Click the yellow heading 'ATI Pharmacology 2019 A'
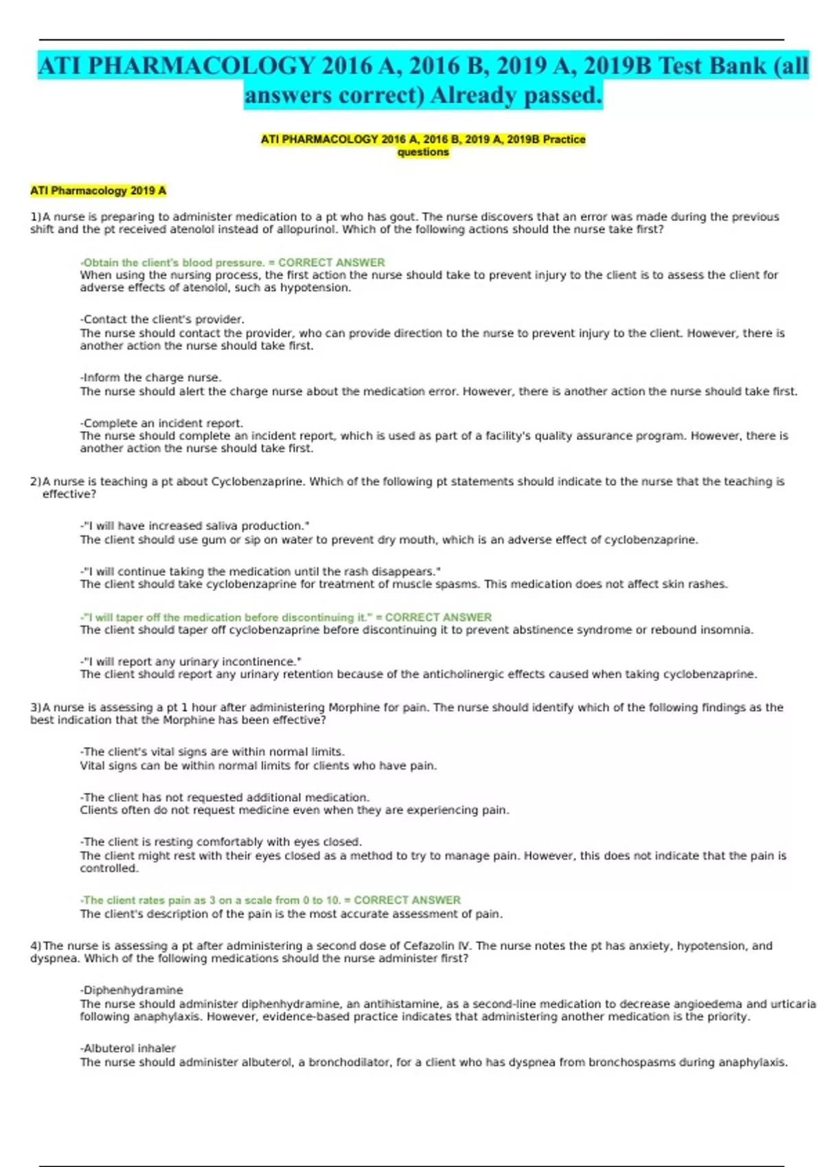click(98, 191)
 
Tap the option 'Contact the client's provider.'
click(162, 319)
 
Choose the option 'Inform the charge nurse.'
click(151, 378)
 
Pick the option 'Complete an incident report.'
click(161, 423)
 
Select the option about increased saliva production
click(195, 526)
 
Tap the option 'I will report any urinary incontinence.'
click(191, 662)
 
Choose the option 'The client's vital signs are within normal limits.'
click(212, 752)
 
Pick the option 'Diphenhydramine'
click(132, 990)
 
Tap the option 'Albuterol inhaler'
click(128, 1048)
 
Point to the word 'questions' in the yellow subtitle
click(423, 152)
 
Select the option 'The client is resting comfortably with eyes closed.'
click(221, 842)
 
